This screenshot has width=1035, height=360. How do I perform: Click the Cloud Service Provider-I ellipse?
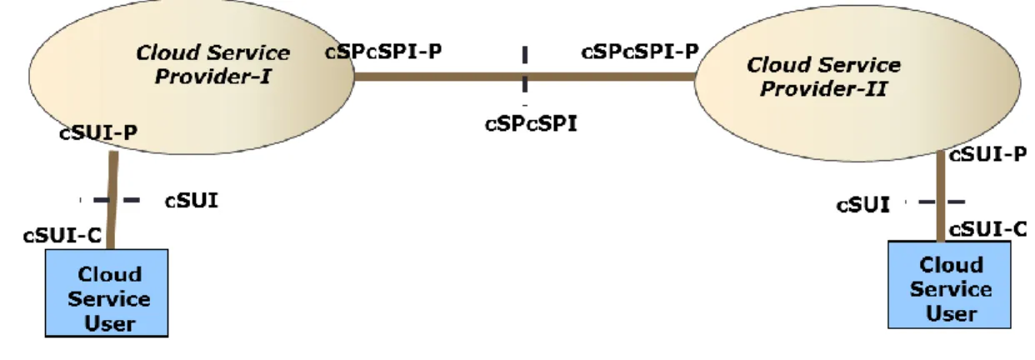(192, 77)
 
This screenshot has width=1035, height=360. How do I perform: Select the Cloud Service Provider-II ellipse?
(857, 83)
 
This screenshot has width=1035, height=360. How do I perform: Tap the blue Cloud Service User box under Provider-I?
(107, 293)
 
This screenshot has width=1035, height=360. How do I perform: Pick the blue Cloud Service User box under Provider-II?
(949, 285)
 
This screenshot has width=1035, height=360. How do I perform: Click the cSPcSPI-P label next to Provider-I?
(383, 52)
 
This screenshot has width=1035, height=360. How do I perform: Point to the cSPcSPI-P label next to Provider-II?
(640, 52)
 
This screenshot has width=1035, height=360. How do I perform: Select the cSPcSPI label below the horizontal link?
(532, 124)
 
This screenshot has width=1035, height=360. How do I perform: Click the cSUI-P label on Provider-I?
(98, 133)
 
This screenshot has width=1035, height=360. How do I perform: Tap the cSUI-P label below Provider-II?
(987, 154)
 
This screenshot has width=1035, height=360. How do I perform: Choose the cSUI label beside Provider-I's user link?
(192, 201)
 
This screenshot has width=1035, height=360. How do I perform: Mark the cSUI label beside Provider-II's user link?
(863, 205)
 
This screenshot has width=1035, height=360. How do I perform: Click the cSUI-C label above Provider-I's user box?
(62, 236)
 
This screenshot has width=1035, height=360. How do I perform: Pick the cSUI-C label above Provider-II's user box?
(987, 230)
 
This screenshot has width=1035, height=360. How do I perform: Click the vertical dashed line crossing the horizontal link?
(525, 74)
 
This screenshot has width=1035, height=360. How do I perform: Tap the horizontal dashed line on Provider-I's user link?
(111, 200)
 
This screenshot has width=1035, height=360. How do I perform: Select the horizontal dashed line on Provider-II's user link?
(935, 202)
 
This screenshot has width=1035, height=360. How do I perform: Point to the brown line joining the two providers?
(525, 77)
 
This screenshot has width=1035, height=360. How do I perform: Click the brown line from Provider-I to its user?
(112, 201)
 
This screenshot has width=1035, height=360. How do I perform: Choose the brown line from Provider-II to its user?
(940, 197)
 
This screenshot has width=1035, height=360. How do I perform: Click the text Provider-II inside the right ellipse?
(823, 88)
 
